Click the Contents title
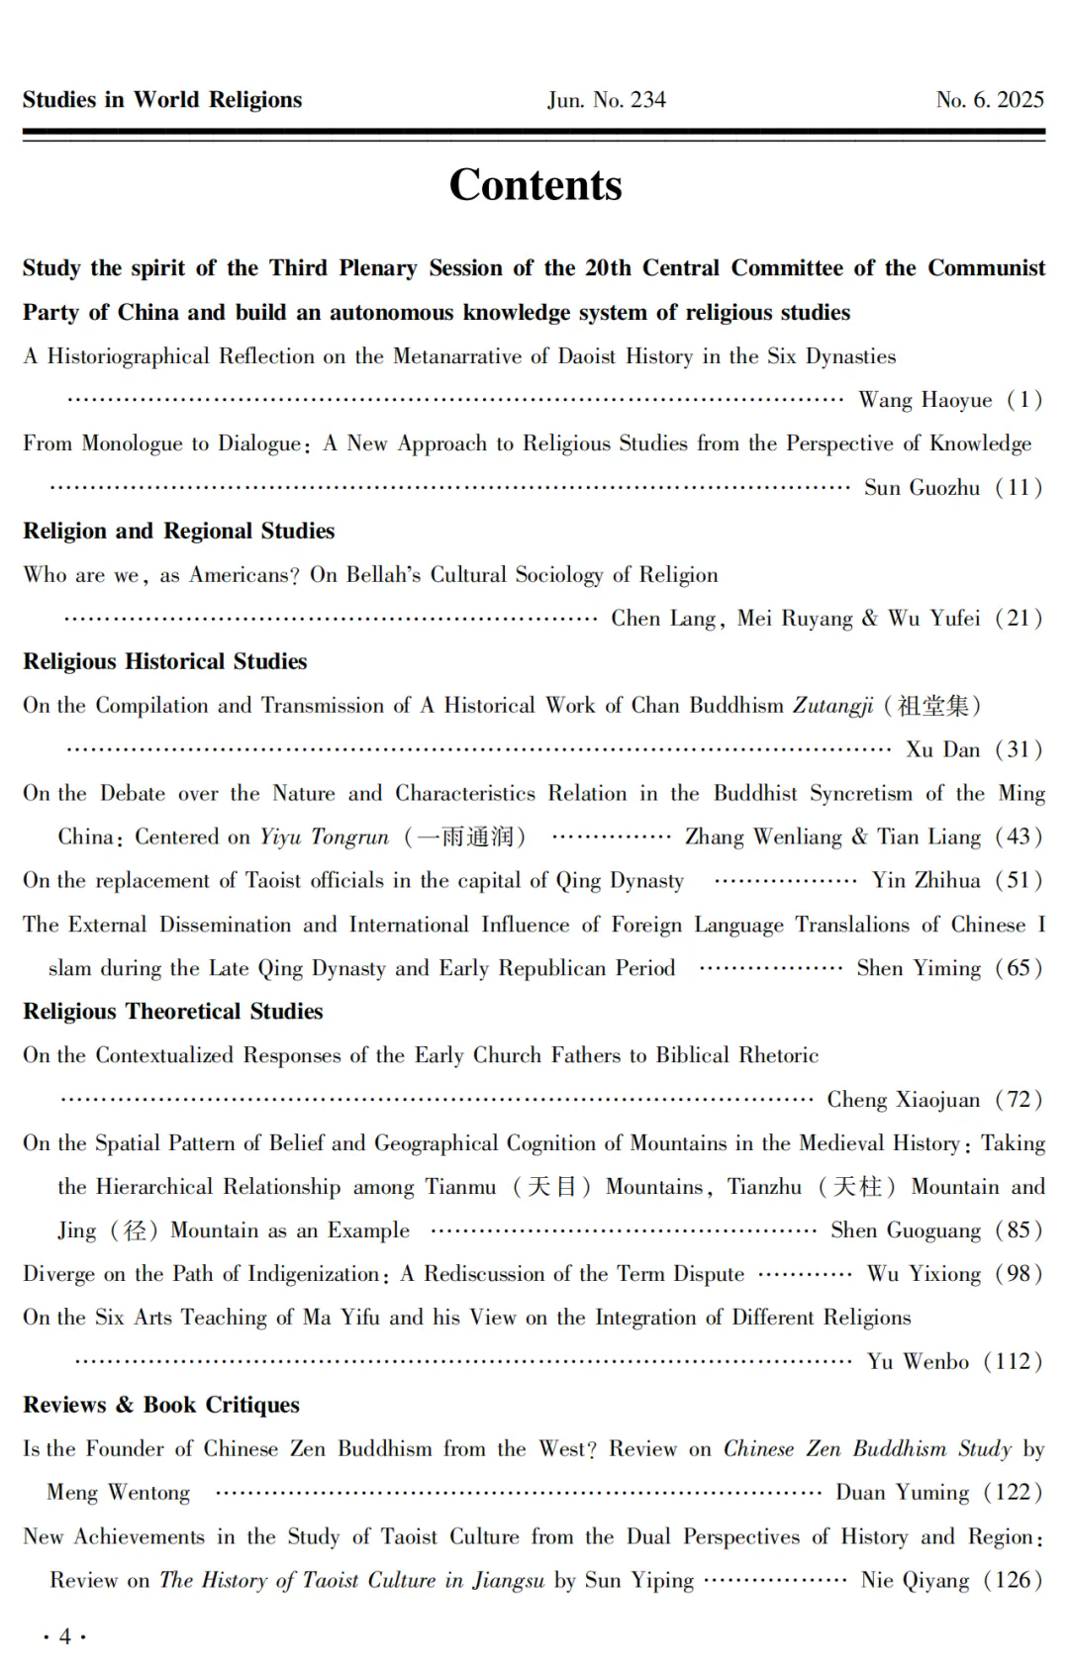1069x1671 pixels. coord(535,185)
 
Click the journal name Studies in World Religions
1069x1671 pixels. coord(162,100)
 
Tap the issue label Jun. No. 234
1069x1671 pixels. coord(606,100)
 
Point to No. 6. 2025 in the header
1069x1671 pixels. coord(990,100)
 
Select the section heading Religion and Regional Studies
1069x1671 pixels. coord(179,531)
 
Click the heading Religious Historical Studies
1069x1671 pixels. coord(165,661)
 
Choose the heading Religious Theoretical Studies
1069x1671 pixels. coord(173,1012)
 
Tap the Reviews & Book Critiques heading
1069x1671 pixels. coord(161,1405)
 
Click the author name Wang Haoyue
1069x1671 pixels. coord(924,400)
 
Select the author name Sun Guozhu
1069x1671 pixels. coord(922,487)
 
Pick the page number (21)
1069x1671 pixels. coord(1019,619)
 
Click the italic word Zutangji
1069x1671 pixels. coord(832,706)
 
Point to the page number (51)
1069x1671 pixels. coord(1019,881)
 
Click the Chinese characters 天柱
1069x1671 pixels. coord(857,1187)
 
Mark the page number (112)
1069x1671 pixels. coord(1013,1362)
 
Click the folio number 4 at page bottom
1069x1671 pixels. coord(65,1636)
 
